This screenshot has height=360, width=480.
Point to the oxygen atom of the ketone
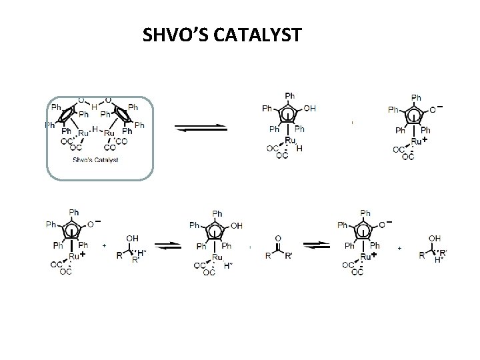click(277, 236)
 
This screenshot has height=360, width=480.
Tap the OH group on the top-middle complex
click(309, 109)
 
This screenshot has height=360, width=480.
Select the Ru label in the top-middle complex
click(290, 141)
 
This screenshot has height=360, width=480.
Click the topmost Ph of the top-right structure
click(415, 97)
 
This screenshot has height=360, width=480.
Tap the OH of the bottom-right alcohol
click(435, 237)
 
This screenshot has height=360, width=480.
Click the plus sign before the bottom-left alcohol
click(105, 246)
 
